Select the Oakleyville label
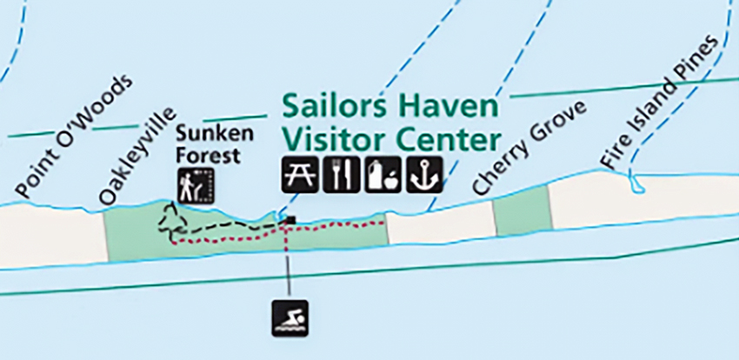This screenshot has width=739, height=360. [138, 157]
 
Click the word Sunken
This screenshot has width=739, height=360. [203, 134]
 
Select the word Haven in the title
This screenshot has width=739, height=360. [449, 107]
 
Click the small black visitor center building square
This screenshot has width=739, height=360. [290, 221]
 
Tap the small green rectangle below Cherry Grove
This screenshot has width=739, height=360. [522, 216]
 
